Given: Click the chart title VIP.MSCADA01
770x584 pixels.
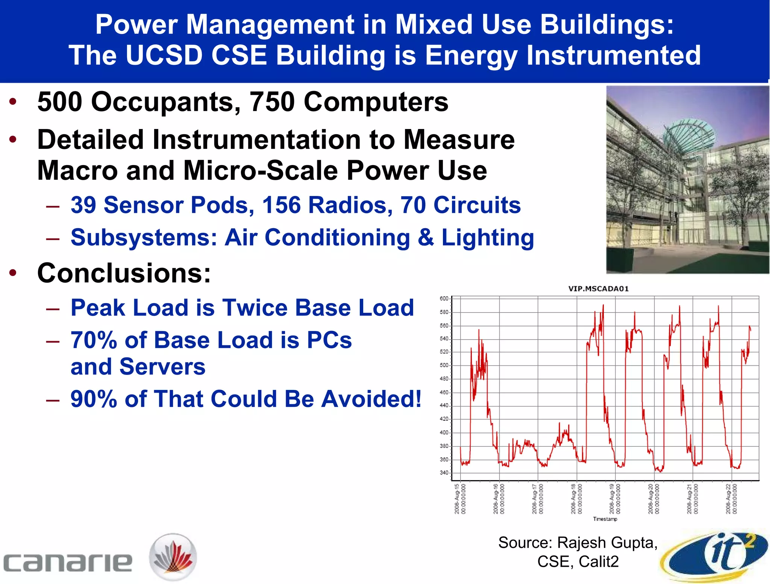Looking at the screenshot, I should tap(598, 289).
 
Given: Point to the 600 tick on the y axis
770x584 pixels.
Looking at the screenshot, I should tap(444, 299).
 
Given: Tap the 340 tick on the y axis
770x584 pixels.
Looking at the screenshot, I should tap(444, 473).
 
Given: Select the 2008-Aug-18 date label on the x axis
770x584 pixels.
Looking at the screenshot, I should tap(576, 499).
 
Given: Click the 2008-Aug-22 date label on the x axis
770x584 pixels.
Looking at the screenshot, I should tap(731, 499).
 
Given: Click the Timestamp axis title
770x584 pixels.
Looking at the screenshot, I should tap(605, 519).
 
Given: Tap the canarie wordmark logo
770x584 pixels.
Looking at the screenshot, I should tap(68, 562).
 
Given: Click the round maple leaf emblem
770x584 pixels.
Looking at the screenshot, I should tap(173, 557).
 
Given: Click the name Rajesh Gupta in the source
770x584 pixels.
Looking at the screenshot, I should tap(607, 543).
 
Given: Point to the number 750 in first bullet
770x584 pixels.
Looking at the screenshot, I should tap(272, 102).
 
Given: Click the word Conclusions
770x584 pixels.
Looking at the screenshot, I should tap(124, 273).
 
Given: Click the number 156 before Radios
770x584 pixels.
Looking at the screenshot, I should tap(282, 205).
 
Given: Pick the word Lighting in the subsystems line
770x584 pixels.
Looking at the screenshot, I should tap(488, 238).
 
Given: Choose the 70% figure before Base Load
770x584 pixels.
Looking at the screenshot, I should tap(94, 340).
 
